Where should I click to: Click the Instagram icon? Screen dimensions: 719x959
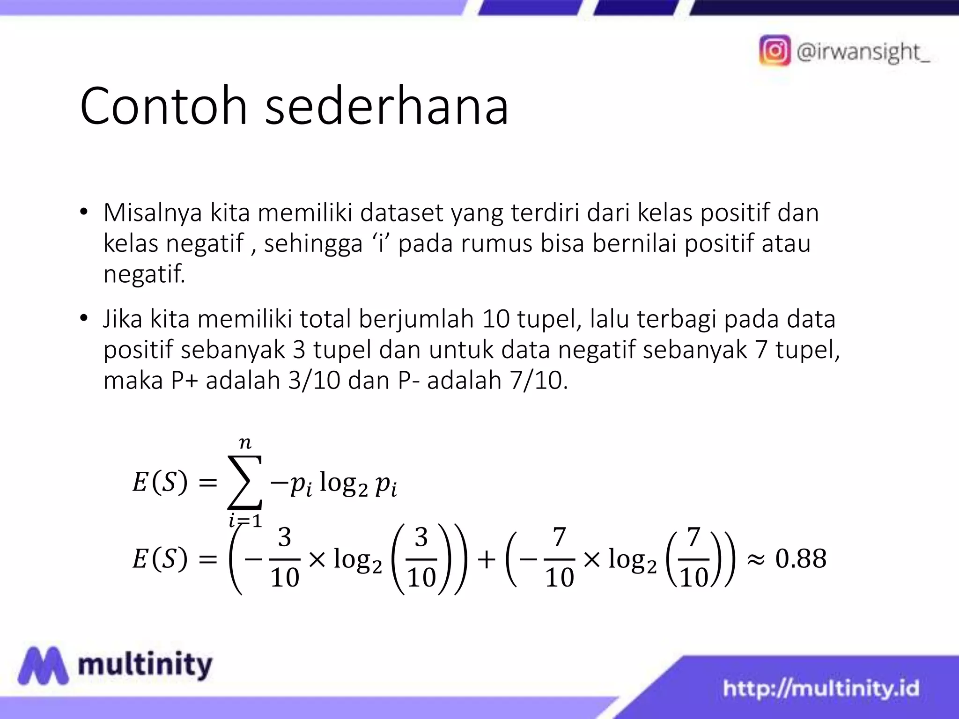[x=775, y=50]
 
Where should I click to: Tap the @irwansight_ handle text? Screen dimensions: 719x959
[x=863, y=51]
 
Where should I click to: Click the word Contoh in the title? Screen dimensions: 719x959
[x=163, y=106]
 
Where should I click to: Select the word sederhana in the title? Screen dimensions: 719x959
[x=386, y=106]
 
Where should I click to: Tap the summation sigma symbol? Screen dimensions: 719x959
[x=244, y=482]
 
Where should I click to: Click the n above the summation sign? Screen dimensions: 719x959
[x=245, y=442]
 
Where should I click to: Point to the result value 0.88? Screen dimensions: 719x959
[x=801, y=559]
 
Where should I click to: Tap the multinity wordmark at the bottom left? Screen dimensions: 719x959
[x=145, y=665]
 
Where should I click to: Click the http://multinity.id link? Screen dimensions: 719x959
[x=821, y=689]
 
